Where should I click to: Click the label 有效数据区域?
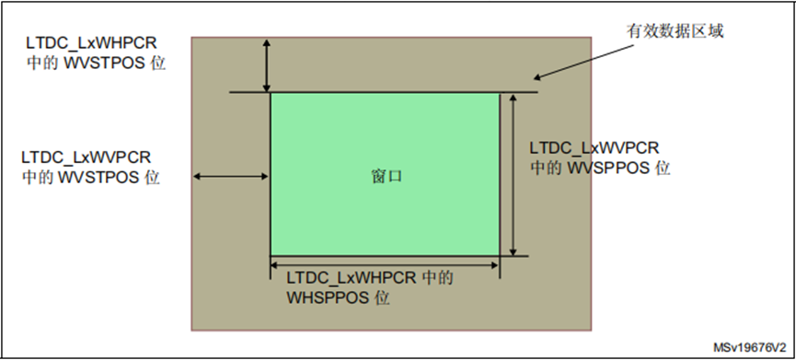pyautogui.click(x=675, y=31)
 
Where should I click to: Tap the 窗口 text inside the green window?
pyautogui.click(x=386, y=176)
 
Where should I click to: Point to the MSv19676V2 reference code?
pyautogui.click(x=749, y=348)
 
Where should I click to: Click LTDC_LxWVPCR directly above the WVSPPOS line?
pyautogui.click(x=594, y=147)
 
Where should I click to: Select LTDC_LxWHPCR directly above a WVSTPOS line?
pyautogui.click(x=91, y=43)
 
